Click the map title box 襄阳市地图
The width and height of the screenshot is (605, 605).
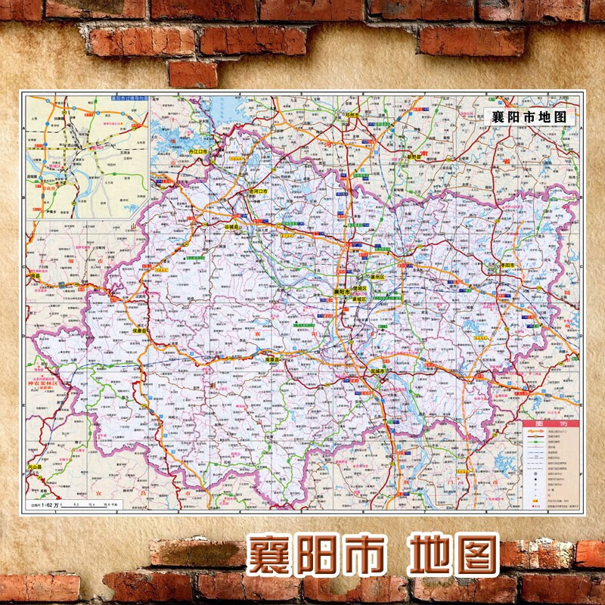[529, 117]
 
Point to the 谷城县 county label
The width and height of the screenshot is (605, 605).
[231, 225]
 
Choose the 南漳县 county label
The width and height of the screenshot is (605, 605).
[270, 360]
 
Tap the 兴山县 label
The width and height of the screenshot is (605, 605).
[36, 468]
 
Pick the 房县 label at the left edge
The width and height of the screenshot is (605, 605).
[35, 277]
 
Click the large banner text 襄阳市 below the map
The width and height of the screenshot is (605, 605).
[313, 556]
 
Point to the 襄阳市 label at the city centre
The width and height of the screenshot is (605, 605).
[344, 291]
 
